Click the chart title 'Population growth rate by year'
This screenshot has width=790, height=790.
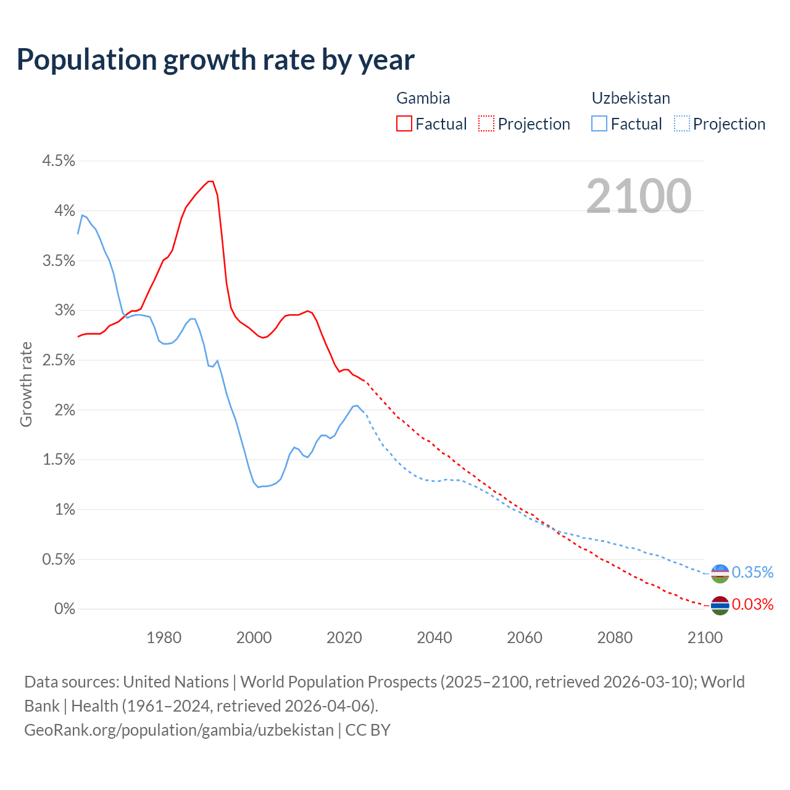(x=215, y=60)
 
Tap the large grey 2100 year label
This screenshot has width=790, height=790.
(x=639, y=196)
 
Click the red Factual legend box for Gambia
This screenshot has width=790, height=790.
(x=404, y=124)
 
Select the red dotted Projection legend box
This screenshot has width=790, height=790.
(x=486, y=124)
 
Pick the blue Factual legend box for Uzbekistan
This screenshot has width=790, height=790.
(x=599, y=124)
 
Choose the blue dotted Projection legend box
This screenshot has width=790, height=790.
(x=681, y=124)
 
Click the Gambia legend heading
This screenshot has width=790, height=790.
(x=423, y=98)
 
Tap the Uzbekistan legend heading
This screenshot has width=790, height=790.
(x=630, y=98)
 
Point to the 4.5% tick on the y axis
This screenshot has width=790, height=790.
(x=58, y=161)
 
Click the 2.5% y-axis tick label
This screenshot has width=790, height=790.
(x=58, y=360)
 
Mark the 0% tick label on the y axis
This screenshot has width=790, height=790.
(x=64, y=609)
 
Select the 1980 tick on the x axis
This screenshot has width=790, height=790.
(x=164, y=638)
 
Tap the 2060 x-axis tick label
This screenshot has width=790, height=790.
(x=525, y=638)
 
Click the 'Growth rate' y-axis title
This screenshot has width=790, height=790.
(x=26, y=384)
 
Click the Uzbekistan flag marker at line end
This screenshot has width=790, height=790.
(x=720, y=573)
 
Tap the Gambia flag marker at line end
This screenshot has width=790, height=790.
(x=720, y=605)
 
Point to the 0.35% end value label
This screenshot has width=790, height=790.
(x=752, y=573)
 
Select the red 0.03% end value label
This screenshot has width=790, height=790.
(x=752, y=605)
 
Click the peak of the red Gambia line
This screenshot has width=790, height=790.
(x=210, y=181)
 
